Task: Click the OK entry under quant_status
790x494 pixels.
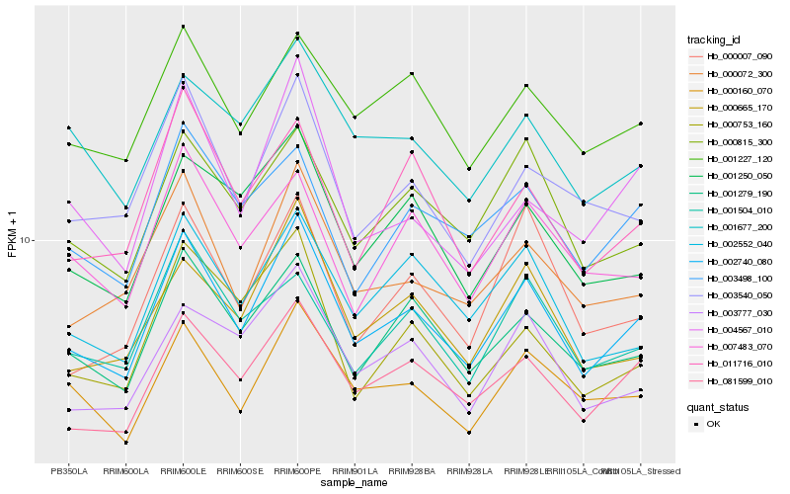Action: coord(713,423)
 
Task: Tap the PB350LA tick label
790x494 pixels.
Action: coord(69,470)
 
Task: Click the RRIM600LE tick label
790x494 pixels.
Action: coord(184,470)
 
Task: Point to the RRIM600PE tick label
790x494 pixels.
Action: coord(297,470)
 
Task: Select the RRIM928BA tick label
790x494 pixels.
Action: coord(412,470)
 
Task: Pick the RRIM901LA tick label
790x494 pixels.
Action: coord(355,470)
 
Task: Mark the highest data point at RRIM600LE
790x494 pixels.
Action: coord(184,26)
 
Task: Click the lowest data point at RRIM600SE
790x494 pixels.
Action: coord(240,411)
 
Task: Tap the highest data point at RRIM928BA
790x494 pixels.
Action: coord(412,73)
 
